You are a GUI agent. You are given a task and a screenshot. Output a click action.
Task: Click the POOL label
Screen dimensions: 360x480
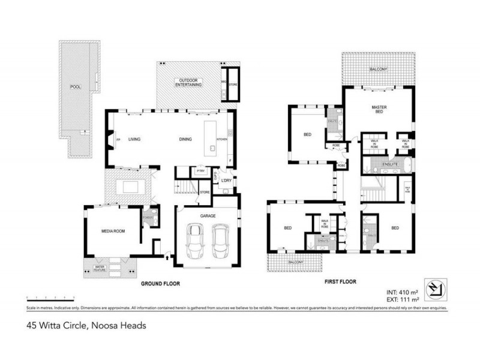pos(75,87)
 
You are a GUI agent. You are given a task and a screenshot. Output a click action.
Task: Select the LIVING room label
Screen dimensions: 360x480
pos(134,139)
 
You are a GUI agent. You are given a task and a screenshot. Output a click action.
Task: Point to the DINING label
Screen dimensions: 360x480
pos(185,139)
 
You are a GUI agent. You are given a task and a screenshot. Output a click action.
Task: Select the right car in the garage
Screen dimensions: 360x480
pos(220,240)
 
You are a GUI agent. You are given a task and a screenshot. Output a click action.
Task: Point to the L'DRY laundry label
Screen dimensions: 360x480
pos(226,181)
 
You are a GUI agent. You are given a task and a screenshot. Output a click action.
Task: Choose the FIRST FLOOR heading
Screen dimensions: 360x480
pos(340,281)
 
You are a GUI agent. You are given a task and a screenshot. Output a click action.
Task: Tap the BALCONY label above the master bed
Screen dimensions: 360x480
pos(378,69)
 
